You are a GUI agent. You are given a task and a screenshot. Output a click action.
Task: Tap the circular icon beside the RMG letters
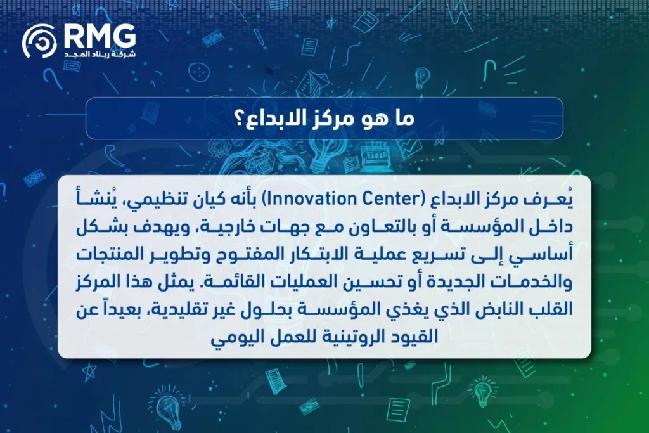coord(39,42)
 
